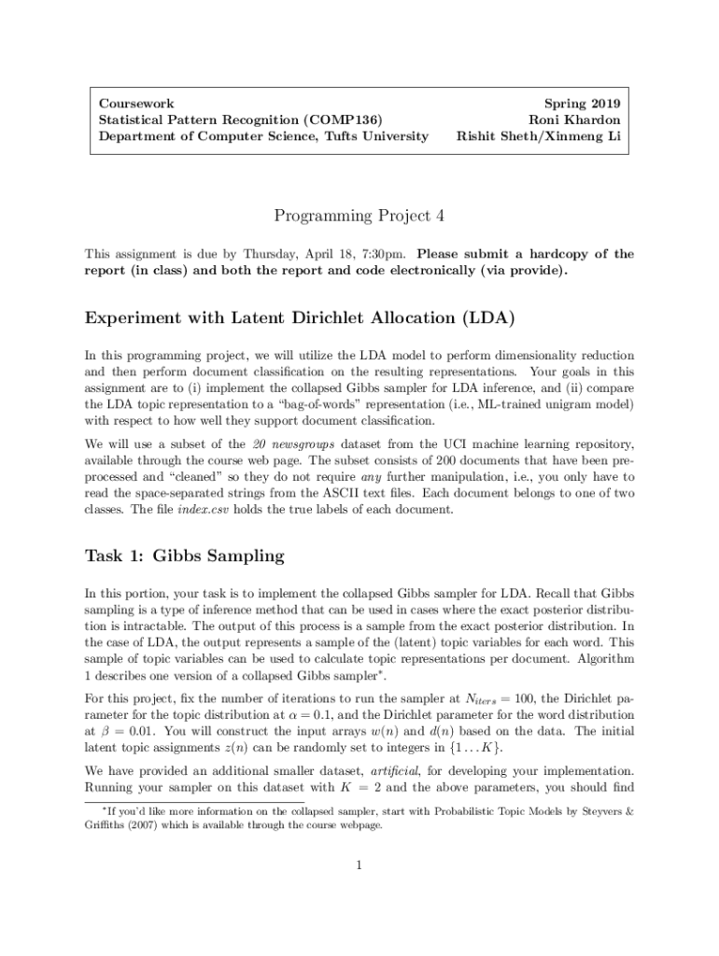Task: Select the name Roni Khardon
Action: click(574, 119)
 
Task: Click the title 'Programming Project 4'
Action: click(359, 217)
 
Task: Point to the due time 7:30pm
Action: click(383, 254)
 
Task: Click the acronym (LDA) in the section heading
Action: click(487, 317)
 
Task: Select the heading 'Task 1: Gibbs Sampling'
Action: click(184, 556)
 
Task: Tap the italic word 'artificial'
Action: click(397, 772)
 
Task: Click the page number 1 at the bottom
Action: click(359, 865)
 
